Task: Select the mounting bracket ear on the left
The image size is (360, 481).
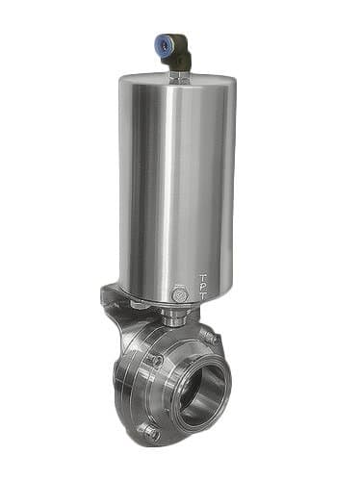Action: (x=109, y=298)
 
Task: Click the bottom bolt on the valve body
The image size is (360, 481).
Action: (x=149, y=433)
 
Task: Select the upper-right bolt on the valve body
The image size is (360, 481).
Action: (x=206, y=336)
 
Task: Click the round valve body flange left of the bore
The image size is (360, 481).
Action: (x=154, y=394)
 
